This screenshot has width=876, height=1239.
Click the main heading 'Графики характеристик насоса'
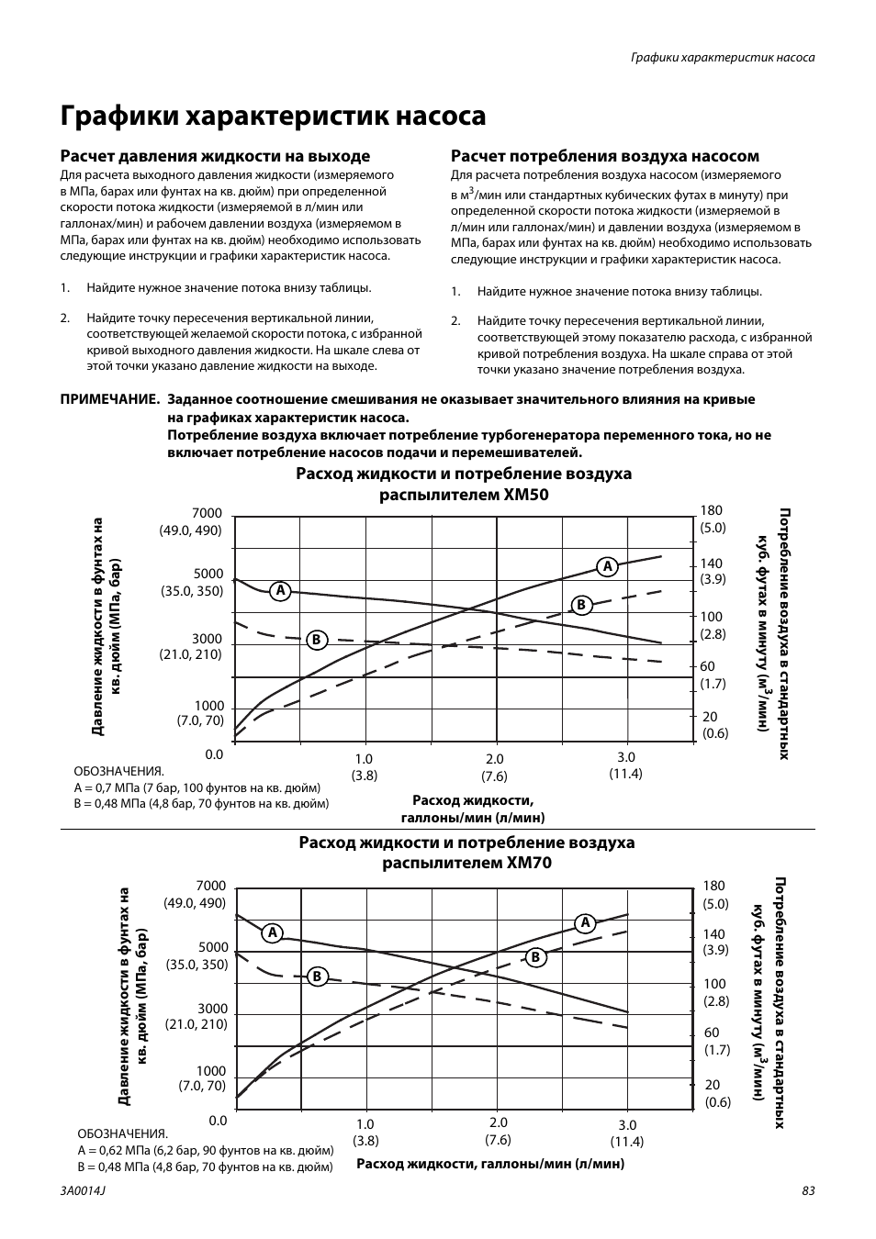click(273, 117)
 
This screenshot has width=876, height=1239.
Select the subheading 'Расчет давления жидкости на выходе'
click(215, 156)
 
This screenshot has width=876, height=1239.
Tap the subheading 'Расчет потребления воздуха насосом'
click(604, 156)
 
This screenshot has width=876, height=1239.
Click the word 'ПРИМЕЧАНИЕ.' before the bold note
click(110, 400)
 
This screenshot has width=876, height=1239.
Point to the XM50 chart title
click(464, 484)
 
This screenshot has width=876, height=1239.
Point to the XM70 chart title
click(466, 853)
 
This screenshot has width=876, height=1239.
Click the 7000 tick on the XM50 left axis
click(207, 513)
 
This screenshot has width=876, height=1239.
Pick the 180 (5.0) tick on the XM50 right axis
click(713, 519)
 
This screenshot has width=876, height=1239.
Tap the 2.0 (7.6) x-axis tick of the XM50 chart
click(495, 766)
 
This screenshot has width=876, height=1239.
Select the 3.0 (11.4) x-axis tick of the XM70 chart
click(627, 1133)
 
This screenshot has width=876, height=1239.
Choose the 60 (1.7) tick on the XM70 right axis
click(715, 1041)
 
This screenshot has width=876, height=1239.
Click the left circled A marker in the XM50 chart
click(280, 590)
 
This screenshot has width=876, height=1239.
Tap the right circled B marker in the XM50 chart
click(580, 605)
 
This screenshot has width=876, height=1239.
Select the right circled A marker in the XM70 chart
click(585, 922)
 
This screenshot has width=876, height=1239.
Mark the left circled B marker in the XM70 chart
click(317, 977)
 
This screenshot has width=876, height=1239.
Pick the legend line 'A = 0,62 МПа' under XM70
click(205, 1150)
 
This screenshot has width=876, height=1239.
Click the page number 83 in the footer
click(808, 1190)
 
